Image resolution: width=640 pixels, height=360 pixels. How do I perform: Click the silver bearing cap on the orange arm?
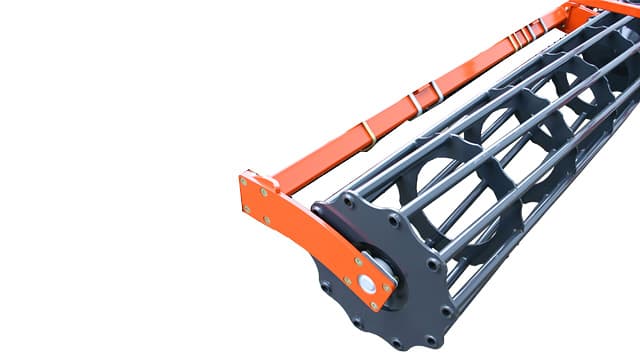[367, 284]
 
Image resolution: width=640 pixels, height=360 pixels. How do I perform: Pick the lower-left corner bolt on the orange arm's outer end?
[247, 207]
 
